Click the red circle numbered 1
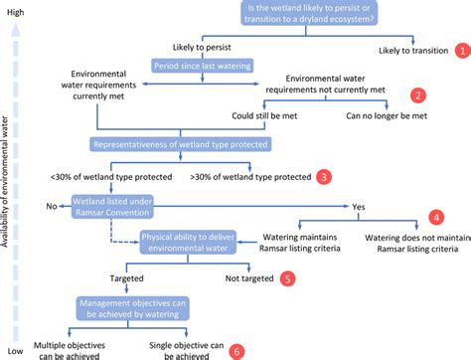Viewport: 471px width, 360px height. (460, 49)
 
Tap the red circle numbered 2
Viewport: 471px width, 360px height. (418, 95)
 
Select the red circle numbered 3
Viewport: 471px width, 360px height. (324, 178)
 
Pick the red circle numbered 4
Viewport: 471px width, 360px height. (435, 217)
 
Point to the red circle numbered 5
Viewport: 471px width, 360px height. (288, 279)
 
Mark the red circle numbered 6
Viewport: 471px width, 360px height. (235, 350)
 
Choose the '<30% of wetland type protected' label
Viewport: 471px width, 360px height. (106, 178)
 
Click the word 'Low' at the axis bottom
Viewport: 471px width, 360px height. (15, 352)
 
